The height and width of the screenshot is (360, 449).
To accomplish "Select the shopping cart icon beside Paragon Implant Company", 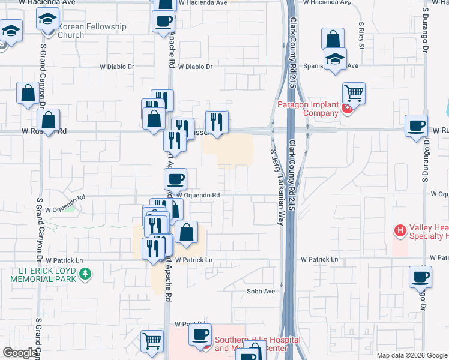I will coord(354,93).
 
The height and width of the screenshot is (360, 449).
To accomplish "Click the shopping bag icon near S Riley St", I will coord(333,40).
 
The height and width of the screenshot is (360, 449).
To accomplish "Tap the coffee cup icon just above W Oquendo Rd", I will coord(175,178).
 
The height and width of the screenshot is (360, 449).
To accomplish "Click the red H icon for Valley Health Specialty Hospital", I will coord(400,230).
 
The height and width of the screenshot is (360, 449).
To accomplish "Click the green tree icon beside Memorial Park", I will coord(86,274).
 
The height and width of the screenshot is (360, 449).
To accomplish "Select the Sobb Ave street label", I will coord(261,291).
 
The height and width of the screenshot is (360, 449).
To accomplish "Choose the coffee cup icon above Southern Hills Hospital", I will coord(200,334).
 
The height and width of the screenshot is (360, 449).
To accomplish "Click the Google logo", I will coord(20,353).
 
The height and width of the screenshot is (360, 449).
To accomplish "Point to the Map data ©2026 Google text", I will coord(411,355).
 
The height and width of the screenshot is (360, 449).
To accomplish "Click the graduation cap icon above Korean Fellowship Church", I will coord(47,20).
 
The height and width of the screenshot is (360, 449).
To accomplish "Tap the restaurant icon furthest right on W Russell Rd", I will coord(217,122).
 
